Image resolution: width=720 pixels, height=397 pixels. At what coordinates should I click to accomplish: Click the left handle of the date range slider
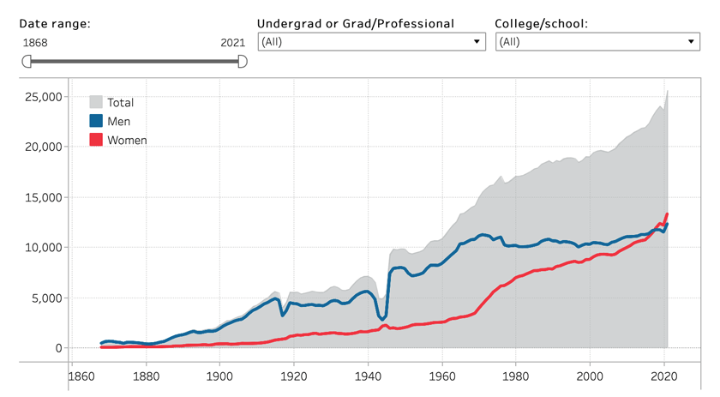(27, 61)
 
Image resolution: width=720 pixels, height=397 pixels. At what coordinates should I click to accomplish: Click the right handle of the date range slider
(242, 61)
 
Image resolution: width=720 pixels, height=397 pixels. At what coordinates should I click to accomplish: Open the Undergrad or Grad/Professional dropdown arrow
(477, 41)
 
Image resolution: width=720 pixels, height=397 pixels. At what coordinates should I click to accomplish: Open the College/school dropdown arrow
(690, 41)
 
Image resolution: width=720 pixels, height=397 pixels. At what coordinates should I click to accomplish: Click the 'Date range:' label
(55, 23)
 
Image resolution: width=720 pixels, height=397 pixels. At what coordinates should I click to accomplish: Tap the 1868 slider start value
(34, 42)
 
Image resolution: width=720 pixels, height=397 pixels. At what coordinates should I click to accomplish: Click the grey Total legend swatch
(97, 102)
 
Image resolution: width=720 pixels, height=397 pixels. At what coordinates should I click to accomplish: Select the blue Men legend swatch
(97, 121)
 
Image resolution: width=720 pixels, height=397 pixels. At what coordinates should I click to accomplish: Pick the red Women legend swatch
(97, 140)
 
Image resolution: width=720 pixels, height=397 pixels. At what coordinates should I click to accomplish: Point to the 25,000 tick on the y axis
(40, 97)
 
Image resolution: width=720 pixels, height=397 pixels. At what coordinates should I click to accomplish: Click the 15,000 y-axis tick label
(40, 197)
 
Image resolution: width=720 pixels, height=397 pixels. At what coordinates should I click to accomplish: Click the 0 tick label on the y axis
(58, 348)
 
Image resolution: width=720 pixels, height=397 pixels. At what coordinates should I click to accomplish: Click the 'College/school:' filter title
(542, 23)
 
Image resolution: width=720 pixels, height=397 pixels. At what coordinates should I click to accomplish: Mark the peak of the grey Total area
(668, 91)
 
